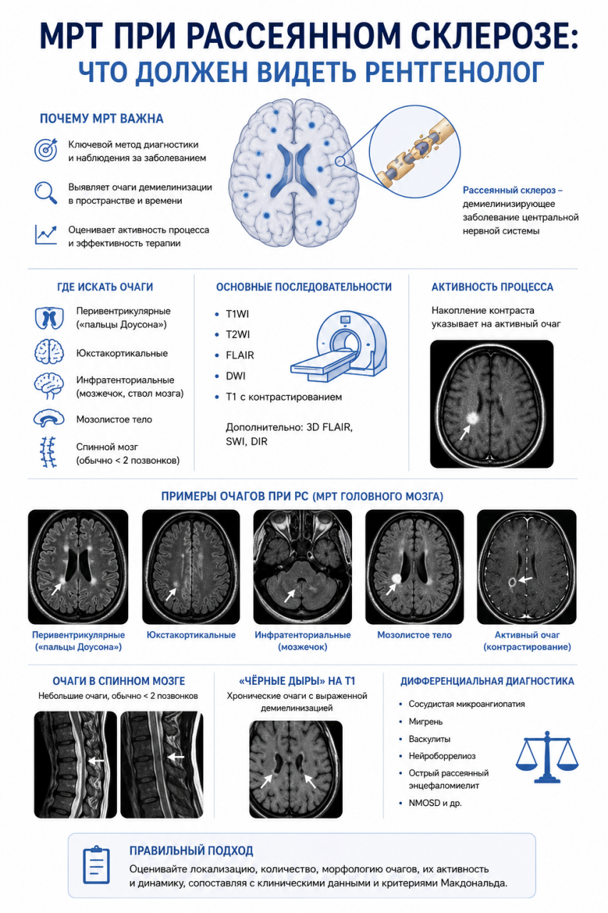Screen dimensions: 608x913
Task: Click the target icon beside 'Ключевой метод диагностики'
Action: coord(46,150)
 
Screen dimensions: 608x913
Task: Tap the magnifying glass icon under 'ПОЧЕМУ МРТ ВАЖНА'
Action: coord(46,193)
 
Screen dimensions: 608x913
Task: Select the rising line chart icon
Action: coord(46,235)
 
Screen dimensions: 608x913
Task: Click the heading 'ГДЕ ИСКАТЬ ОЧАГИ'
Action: coord(105,287)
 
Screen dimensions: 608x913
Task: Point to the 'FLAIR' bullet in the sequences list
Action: coord(240,355)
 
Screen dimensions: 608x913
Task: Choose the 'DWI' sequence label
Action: coord(235,376)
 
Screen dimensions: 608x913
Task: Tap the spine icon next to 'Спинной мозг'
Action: coord(48,452)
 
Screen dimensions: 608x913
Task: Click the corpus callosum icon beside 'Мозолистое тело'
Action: coord(49,419)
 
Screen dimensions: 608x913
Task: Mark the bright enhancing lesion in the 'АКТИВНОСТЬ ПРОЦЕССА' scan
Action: coord(473,417)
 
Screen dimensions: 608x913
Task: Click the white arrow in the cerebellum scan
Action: coord(290,596)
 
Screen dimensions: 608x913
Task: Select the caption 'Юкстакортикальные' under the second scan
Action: coord(191,635)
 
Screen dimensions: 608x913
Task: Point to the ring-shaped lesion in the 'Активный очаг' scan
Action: coord(512,582)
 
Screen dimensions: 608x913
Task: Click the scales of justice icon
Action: coord(547,757)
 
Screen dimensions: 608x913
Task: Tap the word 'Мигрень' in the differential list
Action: coord(426,721)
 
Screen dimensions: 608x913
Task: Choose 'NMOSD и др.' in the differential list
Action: coord(435,803)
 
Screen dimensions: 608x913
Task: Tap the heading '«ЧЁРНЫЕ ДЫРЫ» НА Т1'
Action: coord(297,680)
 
